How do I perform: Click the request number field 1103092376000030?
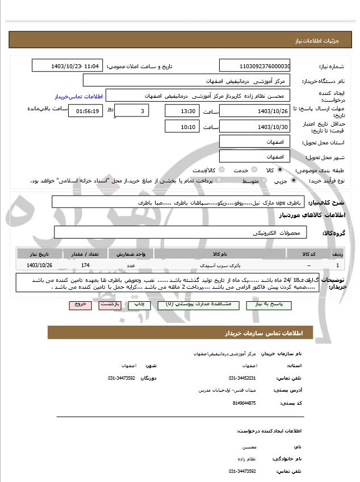click(254, 66)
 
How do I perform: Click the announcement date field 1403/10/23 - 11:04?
click(68, 66)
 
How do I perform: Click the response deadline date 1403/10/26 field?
click(254, 111)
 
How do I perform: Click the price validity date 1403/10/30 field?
click(254, 126)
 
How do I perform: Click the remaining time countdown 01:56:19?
click(86, 111)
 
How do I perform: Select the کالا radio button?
click(280, 169)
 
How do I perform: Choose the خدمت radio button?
click(253, 169)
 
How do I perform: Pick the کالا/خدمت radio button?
click(221, 169)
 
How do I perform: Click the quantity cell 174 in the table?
click(85, 265)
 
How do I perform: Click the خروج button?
click(80, 305)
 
